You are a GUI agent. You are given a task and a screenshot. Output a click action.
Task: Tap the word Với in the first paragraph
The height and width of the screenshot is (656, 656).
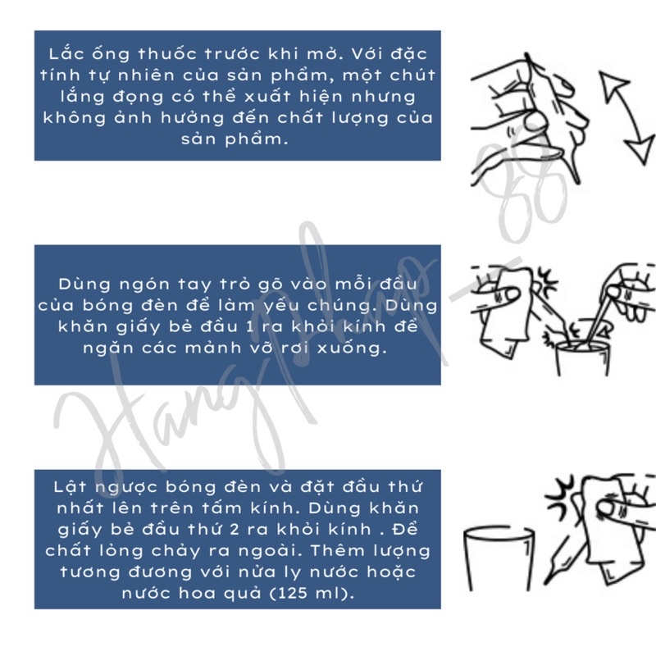364,53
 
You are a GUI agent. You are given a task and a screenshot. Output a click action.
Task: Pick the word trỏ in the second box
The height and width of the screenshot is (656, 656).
235,284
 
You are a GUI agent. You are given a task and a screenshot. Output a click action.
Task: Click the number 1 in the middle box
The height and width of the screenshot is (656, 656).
250,326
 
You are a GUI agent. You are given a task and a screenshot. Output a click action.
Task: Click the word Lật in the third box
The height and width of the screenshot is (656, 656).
70,487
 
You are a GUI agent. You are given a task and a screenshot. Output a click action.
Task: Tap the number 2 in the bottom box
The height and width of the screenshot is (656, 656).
235,530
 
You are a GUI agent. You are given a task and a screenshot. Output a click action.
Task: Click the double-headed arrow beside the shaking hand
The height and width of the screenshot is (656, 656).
626,118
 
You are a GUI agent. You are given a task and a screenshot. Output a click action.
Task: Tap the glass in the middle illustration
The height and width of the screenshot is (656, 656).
581,358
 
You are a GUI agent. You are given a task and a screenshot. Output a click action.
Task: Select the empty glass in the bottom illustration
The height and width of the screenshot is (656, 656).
499,558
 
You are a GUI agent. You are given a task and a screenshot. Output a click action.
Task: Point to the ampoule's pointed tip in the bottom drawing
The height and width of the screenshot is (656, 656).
545,583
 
